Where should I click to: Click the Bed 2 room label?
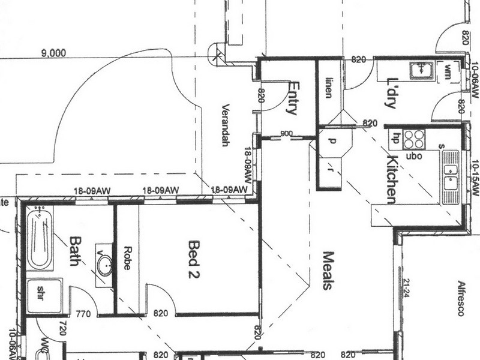pyautogui.click(x=194, y=259)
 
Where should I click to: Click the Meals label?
pyautogui.click(x=327, y=270)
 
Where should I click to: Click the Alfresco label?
pyautogui.click(x=461, y=298)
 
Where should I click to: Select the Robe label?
pyautogui.click(x=127, y=258)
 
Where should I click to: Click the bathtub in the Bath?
pyautogui.click(x=38, y=238)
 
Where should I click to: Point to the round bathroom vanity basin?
pyautogui.click(x=105, y=265)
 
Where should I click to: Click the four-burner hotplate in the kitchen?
pyautogui.click(x=414, y=139)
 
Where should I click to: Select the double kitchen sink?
pyautogui.click(x=450, y=178)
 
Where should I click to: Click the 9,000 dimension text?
pyautogui.click(x=53, y=53)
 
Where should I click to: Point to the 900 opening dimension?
pyautogui.click(x=286, y=133)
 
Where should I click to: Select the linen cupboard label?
pyautogui.click(x=329, y=88)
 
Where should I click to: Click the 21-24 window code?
pyautogui.click(x=406, y=289)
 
